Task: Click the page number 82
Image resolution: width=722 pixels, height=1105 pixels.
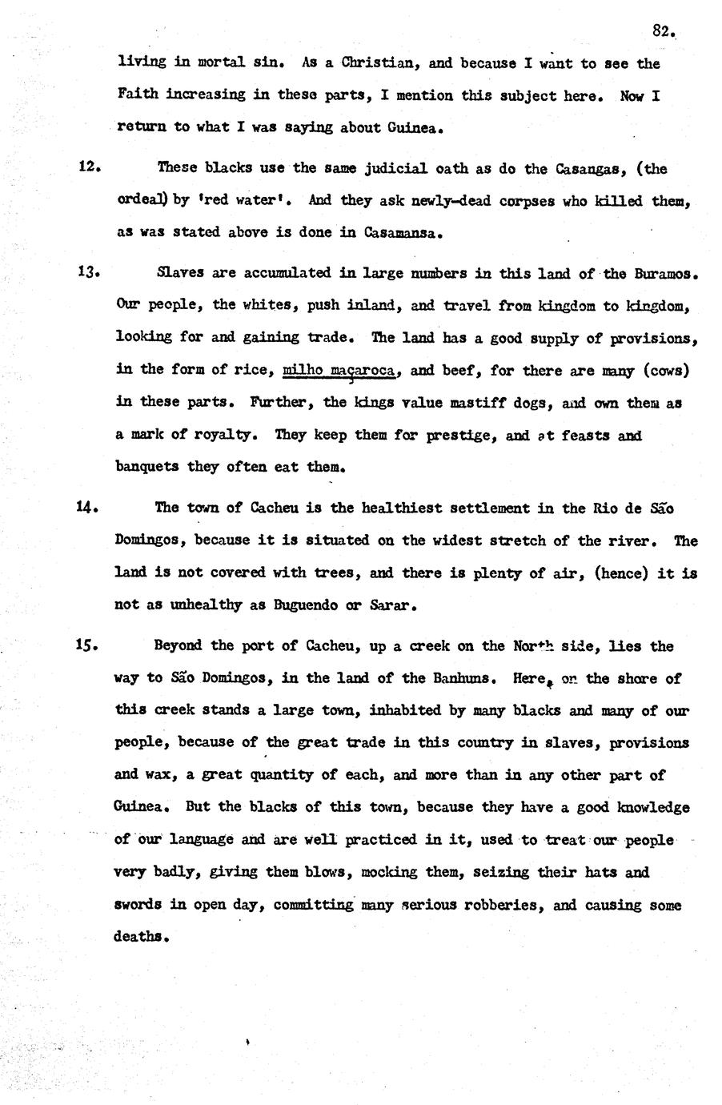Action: pyautogui.click(x=664, y=31)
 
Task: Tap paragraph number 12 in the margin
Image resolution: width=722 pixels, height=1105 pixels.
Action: pyautogui.click(x=88, y=167)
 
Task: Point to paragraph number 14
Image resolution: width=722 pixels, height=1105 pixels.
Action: pyautogui.click(x=88, y=507)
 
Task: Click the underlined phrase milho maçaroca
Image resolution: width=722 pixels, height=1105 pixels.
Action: pyautogui.click(x=340, y=370)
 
